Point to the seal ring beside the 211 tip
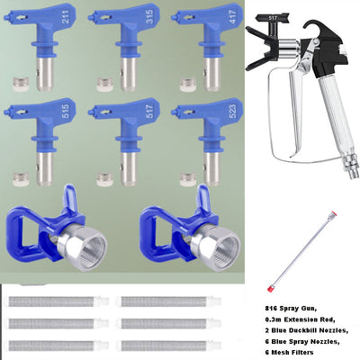16,82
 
